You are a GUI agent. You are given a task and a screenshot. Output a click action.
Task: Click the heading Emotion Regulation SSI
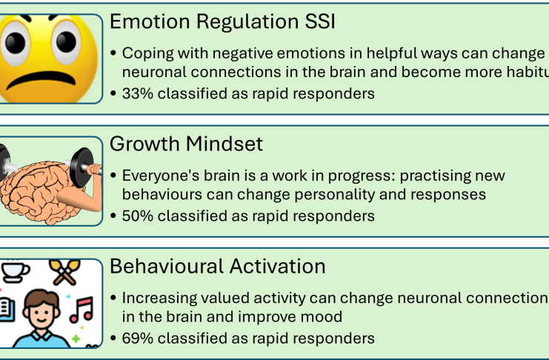coord(223,21)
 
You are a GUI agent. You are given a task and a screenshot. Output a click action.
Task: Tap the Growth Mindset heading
coord(186,144)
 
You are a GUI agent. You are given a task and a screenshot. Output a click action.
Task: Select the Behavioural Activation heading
coord(218,267)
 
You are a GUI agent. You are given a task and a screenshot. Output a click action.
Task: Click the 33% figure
coord(138,93)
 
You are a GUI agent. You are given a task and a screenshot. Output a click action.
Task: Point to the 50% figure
coord(138,216)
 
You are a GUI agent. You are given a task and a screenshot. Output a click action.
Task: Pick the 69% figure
coord(138,339)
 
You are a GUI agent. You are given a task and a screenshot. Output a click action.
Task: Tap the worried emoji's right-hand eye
coord(66,42)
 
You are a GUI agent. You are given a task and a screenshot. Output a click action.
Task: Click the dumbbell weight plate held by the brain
coord(81,167)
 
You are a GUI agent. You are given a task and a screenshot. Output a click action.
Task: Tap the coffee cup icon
coord(15,271)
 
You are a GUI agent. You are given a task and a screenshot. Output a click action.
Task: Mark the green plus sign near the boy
coord(76,339)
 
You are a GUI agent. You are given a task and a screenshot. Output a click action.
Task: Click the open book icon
coord(7,309)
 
